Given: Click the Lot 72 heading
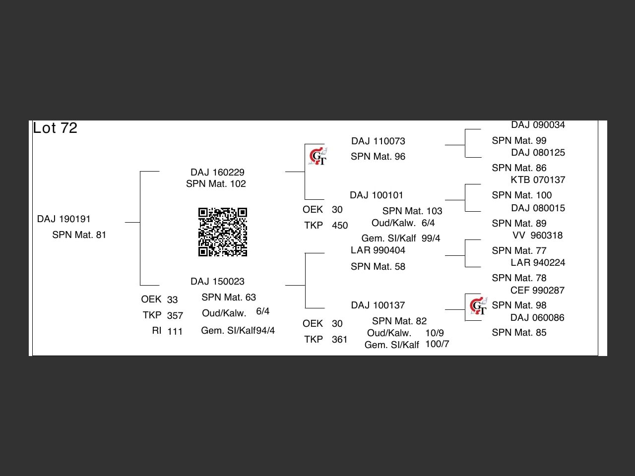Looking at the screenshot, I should point(55,128).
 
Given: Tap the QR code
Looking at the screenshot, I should point(222,232).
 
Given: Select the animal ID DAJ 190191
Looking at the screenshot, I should point(63,219).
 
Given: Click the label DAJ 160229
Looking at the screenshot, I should point(217,172).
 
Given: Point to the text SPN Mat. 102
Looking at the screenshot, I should point(216,184).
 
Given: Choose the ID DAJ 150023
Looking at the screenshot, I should point(217,282).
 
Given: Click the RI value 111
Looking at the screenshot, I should point(175,331).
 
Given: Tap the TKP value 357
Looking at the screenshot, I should point(175,315).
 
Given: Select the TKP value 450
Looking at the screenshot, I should point(339,226).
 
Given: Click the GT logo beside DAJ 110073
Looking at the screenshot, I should point(317,156).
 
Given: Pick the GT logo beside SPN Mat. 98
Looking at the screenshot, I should point(478,306).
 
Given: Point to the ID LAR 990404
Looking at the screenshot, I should point(378,250).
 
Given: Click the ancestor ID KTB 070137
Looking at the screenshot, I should point(538,180).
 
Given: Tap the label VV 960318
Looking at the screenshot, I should point(537,236).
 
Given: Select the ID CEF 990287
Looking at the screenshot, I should point(537,291).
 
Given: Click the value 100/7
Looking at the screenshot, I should point(437,344).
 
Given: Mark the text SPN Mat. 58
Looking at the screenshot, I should point(378,267).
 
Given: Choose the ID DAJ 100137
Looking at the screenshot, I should point(378,305).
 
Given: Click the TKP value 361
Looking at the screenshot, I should point(339,340).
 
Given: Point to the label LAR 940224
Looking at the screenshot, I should point(538,263).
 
